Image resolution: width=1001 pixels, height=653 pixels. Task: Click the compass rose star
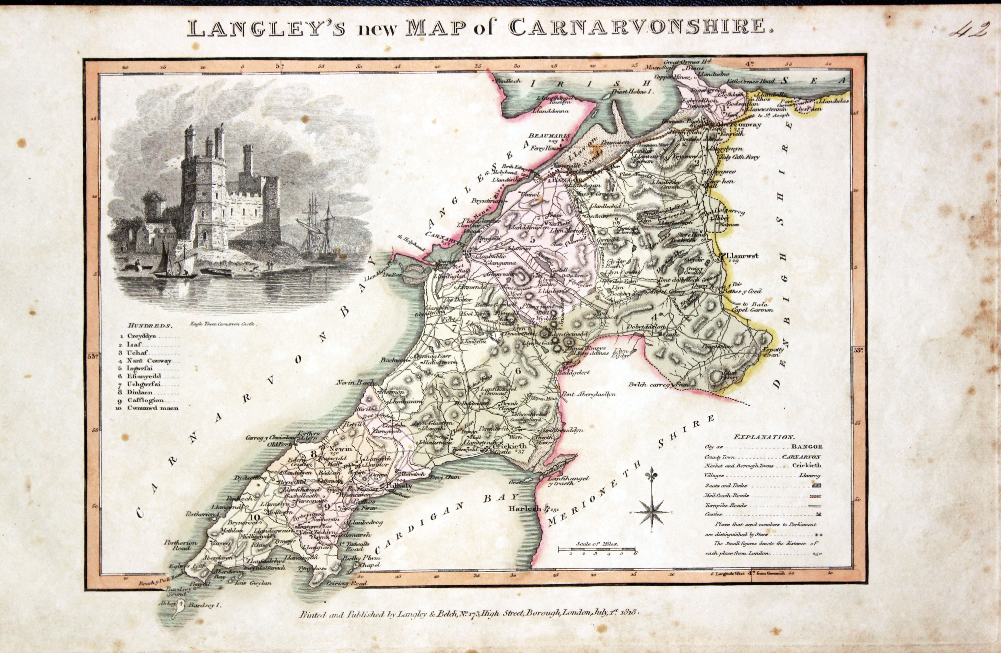(x=652, y=512)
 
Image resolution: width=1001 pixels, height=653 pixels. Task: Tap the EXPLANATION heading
(x=762, y=437)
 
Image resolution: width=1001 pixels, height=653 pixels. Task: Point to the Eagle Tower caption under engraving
(x=223, y=324)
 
